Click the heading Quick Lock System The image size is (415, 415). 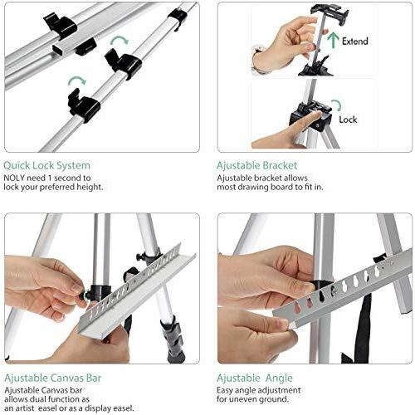pos(46,165)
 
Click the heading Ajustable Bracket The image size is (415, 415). pos(256,165)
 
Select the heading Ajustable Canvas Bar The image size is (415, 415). pos(53,378)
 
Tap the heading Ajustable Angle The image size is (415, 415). pos(255,378)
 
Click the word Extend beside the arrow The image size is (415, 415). pos(355,41)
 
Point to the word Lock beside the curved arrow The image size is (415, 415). pos(348,120)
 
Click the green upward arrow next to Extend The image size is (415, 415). pos(334,41)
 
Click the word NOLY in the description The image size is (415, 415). pos(14,178)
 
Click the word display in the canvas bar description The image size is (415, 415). pos(99,408)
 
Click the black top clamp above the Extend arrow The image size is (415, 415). pos(330,12)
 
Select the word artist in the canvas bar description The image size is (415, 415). pos(23,408)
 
